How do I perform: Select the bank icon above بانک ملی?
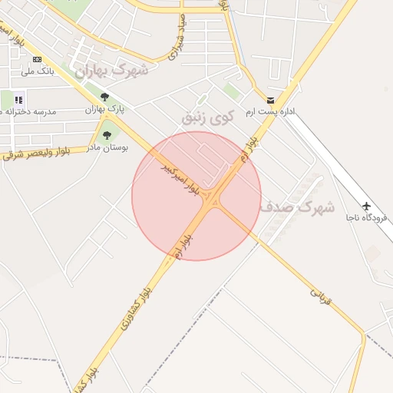click(36, 59)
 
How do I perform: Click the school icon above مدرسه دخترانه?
click(18, 99)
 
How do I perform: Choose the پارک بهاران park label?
click(104, 110)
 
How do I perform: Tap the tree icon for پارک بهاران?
click(104, 97)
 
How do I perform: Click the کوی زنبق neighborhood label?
click(205, 117)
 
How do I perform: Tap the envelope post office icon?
click(270, 101)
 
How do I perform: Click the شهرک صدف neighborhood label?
click(296, 206)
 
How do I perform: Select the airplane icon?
click(367, 206)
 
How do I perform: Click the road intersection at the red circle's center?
click(212, 200)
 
